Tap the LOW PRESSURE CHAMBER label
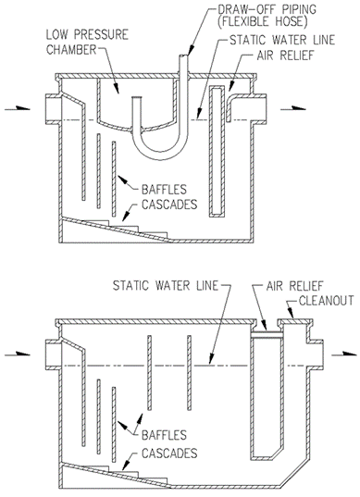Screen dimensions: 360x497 click(x=87, y=43)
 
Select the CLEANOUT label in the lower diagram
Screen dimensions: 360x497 click(x=326, y=300)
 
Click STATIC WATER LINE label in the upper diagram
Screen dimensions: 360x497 click(x=282, y=40)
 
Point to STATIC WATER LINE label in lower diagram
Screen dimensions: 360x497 click(x=166, y=286)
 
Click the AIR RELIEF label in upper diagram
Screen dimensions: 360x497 click(x=285, y=56)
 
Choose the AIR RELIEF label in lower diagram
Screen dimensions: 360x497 click(x=294, y=286)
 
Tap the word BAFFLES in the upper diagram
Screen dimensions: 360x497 click(x=164, y=190)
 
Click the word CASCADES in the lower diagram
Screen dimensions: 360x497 click(x=169, y=454)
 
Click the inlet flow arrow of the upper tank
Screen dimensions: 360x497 click(x=18, y=108)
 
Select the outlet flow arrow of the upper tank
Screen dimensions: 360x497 click(x=293, y=108)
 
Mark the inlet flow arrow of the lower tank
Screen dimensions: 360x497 click(x=18, y=354)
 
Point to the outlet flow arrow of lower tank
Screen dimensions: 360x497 click(x=344, y=354)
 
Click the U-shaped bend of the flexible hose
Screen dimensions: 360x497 click(x=159, y=155)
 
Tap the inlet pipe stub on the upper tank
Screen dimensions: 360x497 click(x=53, y=108)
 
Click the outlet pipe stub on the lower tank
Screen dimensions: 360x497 click(x=315, y=354)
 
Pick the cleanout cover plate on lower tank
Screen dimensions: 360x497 click(x=295, y=322)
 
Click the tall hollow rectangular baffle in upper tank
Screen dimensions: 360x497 click(x=217, y=152)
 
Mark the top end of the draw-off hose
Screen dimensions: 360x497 click(x=184, y=56)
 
